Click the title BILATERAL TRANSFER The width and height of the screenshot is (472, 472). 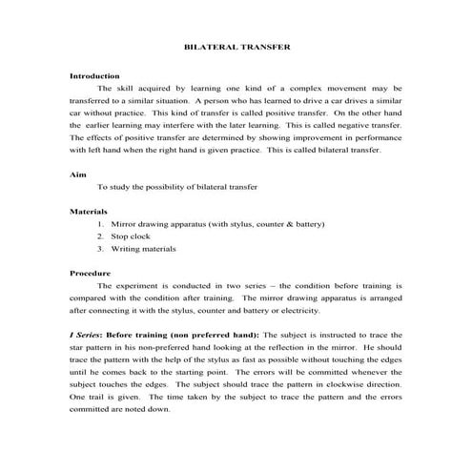[x=236, y=45]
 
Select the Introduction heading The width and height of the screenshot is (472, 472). [x=94, y=74]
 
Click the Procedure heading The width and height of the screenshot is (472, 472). [x=92, y=273]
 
